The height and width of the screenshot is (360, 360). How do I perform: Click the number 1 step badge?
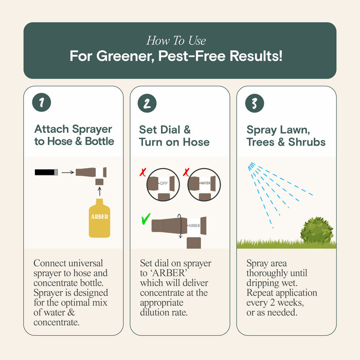coord(42,103)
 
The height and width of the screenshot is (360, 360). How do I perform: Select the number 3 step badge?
coord(255,103)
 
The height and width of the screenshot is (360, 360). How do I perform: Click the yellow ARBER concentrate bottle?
coord(99,219)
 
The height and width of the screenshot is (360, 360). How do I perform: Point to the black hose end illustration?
coord(46,172)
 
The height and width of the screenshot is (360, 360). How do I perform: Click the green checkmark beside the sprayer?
coord(147,220)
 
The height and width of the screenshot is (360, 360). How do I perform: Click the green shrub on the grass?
coord(316,230)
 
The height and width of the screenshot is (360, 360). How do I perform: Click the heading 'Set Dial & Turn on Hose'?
coord(174,135)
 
